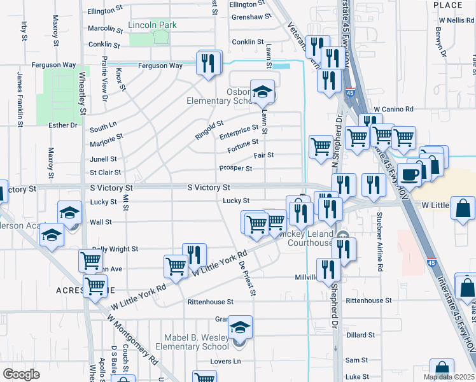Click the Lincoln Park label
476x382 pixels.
(x=152, y=25)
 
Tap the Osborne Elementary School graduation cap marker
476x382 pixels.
(x=262, y=93)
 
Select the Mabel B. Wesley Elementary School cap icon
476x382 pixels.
(x=241, y=328)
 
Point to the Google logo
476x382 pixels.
(x=22, y=374)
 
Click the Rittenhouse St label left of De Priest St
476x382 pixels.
(x=210, y=301)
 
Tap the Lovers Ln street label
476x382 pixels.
(x=228, y=362)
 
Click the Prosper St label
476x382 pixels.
(x=236, y=169)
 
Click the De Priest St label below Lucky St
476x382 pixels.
(x=248, y=276)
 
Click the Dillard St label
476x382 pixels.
(x=360, y=335)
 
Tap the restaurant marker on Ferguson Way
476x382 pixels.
(x=208, y=64)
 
